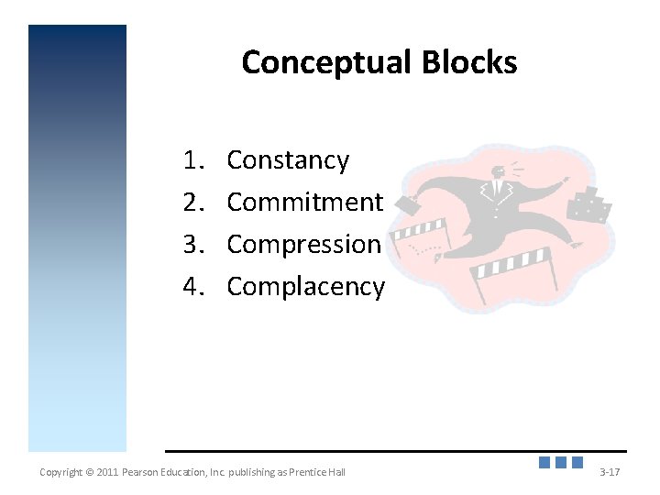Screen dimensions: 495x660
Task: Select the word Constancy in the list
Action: coord(288,160)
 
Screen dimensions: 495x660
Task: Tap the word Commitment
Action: coord(304,202)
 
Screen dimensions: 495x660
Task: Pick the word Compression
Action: coord(303,244)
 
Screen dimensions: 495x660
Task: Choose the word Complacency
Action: coord(305,287)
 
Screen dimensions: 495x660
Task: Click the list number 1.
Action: coord(192,160)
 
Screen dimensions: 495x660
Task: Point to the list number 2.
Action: coord(192,202)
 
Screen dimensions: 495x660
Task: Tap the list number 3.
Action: coord(192,244)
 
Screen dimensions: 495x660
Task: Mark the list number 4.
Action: coord(192,287)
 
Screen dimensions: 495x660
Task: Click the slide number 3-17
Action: coord(610,472)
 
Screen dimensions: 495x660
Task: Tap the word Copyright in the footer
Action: coord(60,472)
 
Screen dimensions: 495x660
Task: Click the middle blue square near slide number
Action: coord(562,463)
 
